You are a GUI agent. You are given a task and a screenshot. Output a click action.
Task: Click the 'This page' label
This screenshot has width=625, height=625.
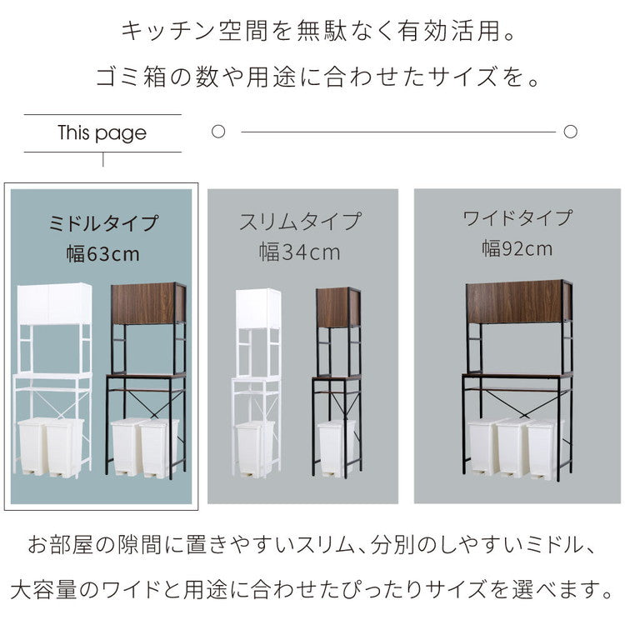102,133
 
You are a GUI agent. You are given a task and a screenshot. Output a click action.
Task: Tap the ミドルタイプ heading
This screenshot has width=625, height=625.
102,223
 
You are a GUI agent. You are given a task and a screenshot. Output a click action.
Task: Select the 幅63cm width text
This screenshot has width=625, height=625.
102,254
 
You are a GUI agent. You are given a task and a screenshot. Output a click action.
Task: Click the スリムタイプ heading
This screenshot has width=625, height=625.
300,221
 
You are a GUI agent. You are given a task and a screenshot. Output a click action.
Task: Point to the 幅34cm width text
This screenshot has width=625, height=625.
300,251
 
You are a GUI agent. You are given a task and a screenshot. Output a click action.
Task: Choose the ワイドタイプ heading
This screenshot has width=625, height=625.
517,218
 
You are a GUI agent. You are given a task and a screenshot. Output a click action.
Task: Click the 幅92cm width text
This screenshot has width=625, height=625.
517,247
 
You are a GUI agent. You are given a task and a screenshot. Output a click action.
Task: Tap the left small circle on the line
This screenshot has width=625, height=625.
218,132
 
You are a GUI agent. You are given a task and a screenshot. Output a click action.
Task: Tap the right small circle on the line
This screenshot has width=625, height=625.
571,132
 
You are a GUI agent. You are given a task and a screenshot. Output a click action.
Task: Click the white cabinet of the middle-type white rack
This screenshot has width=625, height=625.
55,303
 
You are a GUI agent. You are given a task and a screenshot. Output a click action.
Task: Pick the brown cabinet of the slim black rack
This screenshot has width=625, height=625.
337,307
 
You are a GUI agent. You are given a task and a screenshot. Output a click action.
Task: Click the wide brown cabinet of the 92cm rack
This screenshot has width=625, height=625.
516,300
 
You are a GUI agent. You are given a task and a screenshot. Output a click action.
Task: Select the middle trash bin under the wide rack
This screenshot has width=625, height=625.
512,447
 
